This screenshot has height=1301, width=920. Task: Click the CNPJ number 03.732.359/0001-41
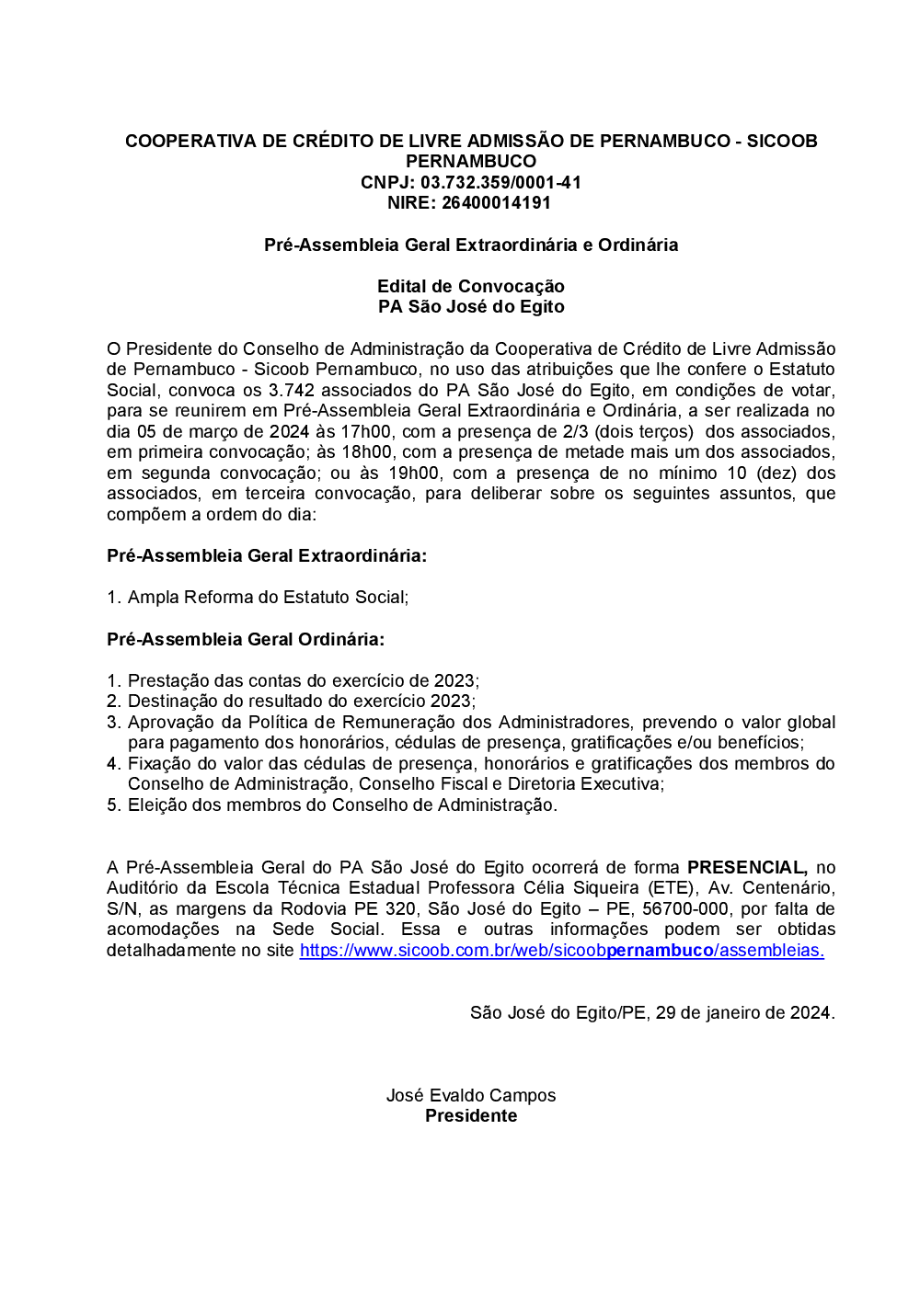tap(500, 182)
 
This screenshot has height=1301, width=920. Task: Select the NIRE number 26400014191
tap(496, 202)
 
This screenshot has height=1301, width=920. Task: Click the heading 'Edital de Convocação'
tap(470, 286)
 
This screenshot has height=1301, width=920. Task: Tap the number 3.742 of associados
tap(292, 390)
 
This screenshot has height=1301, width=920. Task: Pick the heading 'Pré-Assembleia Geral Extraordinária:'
tap(267, 555)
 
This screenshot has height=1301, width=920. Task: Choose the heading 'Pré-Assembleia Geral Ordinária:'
tap(246, 639)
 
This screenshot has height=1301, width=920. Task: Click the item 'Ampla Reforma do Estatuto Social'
tap(268, 597)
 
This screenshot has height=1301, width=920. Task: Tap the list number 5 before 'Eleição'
tap(113, 805)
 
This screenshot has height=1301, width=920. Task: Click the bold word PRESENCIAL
tap(746, 867)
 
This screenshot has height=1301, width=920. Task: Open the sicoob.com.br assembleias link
tap(561, 950)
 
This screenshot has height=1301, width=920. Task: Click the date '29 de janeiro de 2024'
tap(744, 1012)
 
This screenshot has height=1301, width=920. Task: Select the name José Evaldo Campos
tap(471, 1095)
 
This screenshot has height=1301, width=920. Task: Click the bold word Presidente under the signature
tap(471, 1115)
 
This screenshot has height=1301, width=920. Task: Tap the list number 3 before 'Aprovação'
tap(113, 722)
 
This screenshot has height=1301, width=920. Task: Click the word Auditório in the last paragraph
tap(143, 887)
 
